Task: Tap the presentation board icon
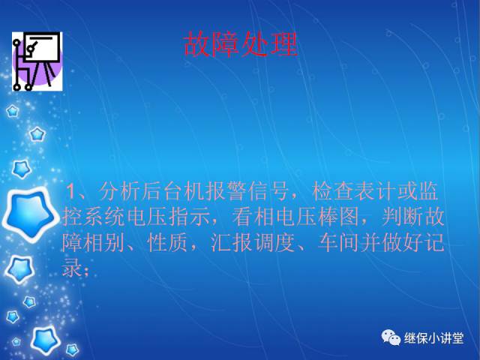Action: [36, 61]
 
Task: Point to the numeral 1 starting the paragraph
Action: [72, 188]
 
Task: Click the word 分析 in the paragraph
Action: [116, 188]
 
